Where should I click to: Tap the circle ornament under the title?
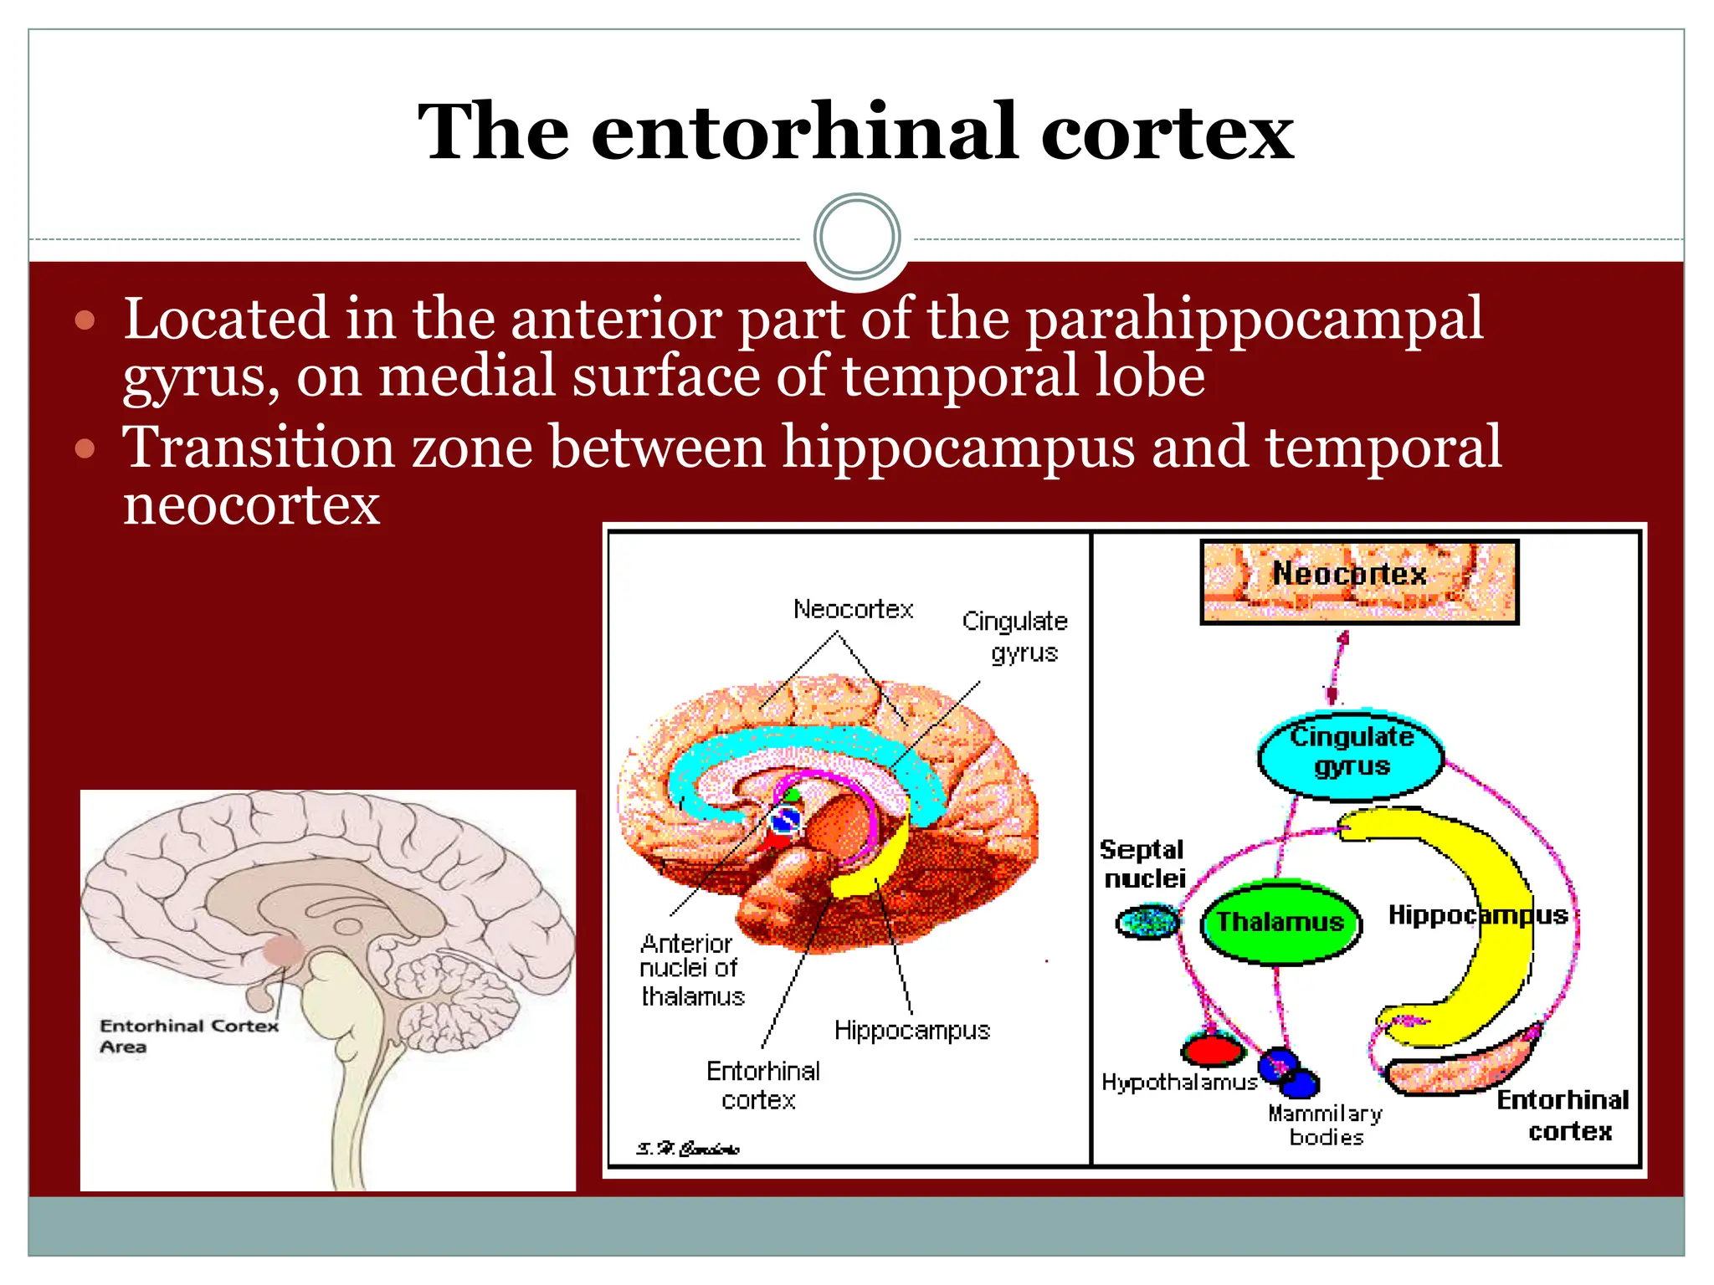pyautogui.click(x=856, y=237)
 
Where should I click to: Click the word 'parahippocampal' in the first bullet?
pyautogui.click(x=1254, y=320)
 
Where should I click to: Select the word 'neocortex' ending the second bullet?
pyautogui.click(x=251, y=504)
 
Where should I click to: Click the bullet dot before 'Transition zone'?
pyautogui.click(x=85, y=449)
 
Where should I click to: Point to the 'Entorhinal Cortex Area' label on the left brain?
pyautogui.click(x=187, y=1036)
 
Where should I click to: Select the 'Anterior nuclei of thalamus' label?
pyautogui.click(x=691, y=970)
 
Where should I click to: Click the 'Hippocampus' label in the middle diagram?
pyautogui.click(x=911, y=1030)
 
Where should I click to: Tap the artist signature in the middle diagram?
pyautogui.click(x=687, y=1149)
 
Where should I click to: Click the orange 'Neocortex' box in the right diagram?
pyautogui.click(x=1358, y=581)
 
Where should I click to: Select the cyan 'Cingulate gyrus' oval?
pyautogui.click(x=1351, y=753)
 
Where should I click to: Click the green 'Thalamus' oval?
pyautogui.click(x=1280, y=922)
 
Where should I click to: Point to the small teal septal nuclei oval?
pyautogui.click(x=1148, y=922)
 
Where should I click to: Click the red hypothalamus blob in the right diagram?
pyautogui.click(x=1213, y=1048)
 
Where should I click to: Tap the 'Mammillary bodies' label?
pyautogui.click(x=1326, y=1125)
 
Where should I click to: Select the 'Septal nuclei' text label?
pyautogui.click(x=1143, y=864)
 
